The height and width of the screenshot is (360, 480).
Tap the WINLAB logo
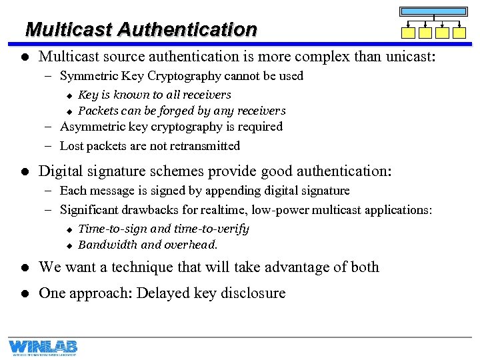pyautogui.click(x=43, y=347)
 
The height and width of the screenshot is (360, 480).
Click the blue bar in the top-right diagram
pyautogui.click(x=433, y=11)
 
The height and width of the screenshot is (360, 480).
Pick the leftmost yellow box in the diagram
pyautogui.click(x=408, y=33)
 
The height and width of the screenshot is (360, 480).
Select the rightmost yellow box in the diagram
pyautogui.click(x=459, y=33)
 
